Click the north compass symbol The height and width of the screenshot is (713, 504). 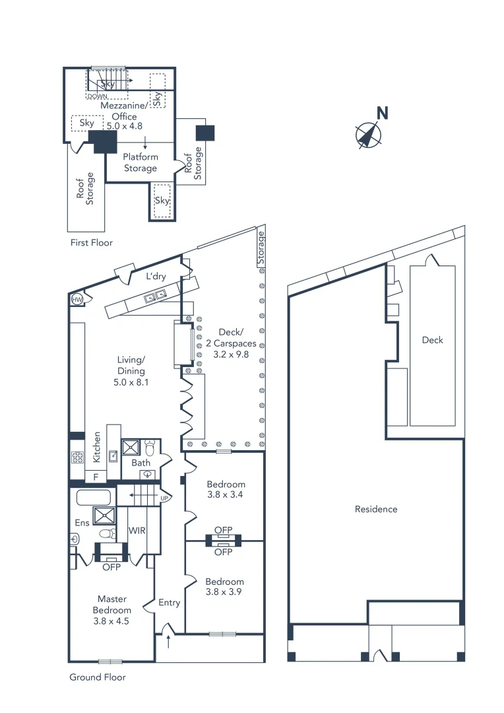(369, 134)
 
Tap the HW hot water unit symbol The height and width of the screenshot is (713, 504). (77, 299)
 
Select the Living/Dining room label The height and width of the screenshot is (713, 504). (130, 370)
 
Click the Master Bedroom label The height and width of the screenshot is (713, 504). (111, 609)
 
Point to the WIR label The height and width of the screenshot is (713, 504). (137, 530)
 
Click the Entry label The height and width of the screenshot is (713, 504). (170, 602)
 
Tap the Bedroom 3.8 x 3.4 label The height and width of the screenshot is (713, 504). (225, 489)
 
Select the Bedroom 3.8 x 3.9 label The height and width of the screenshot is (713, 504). (224, 586)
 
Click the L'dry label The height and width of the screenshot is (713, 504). (156, 277)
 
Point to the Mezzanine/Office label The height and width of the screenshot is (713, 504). (119, 116)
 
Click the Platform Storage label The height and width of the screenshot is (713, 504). (141, 162)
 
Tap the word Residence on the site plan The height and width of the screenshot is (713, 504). (376, 509)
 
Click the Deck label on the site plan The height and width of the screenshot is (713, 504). (433, 340)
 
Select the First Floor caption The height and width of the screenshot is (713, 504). (92, 243)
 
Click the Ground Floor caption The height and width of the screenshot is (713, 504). (98, 677)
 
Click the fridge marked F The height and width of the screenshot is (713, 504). (96, 477)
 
